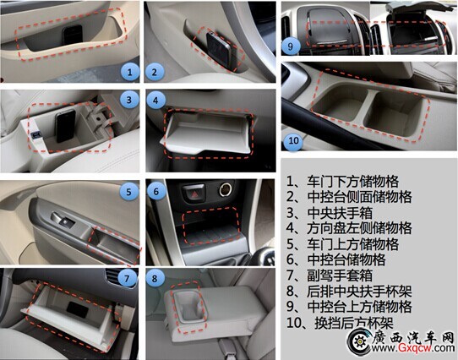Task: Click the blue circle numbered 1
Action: [x=129, y=72]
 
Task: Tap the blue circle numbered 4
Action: [x=155, y=101]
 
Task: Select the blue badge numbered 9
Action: [x=291, y=46]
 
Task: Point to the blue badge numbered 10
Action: [x=293, y=141]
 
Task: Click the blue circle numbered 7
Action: [x=128, y=278]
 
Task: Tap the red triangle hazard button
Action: [x=194, y=192]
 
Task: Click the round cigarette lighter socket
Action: [x=226, y=189]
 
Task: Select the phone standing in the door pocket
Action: [x=73, y=35]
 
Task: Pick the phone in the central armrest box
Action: [x=65, y=125]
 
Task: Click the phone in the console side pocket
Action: [x=219, y=51]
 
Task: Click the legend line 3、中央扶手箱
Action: [x=330, y=213]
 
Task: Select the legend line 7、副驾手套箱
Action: [x=330, y=275]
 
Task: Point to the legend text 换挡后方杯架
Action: [x=354, y=323]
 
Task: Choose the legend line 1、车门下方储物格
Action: [x=342, y=182]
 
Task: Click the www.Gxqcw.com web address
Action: [x=413, y=348]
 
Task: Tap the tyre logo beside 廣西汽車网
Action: [x=359, y=341]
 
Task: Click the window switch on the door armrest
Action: [x=63, y=220]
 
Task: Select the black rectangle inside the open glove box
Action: [x=78, y=310]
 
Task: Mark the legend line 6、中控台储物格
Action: [x=336, y=259]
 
